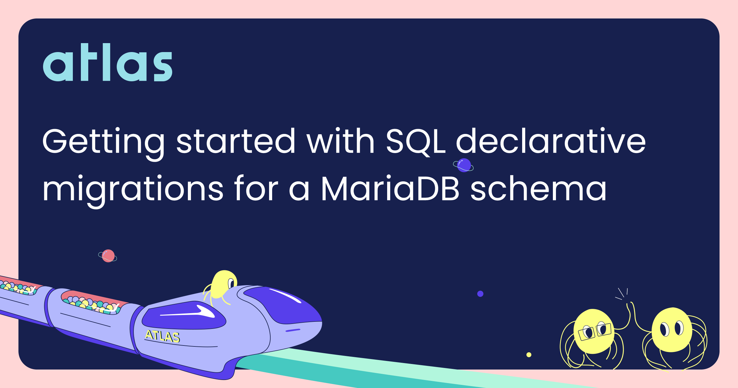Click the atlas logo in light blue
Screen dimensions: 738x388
pos(108,62)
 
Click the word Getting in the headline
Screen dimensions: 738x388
pos(104,144)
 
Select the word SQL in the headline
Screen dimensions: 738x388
pos(416,141)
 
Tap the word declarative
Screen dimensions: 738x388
pos(551,140)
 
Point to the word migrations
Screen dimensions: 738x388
pos(133,191)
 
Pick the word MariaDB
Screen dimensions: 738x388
pos(390,188)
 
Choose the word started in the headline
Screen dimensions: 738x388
pos(236,141)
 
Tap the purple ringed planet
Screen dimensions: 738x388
pos(463,165)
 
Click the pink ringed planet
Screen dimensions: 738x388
pos(108,256)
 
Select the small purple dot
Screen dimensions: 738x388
pos(480,294)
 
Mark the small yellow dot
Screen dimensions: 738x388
pos(529,355)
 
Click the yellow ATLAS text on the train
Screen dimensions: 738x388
pos(162,336)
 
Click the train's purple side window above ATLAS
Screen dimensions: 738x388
pos(184,315)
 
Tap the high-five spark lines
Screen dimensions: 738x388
pos(622,294)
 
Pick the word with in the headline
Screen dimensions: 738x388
pos(340,140)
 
